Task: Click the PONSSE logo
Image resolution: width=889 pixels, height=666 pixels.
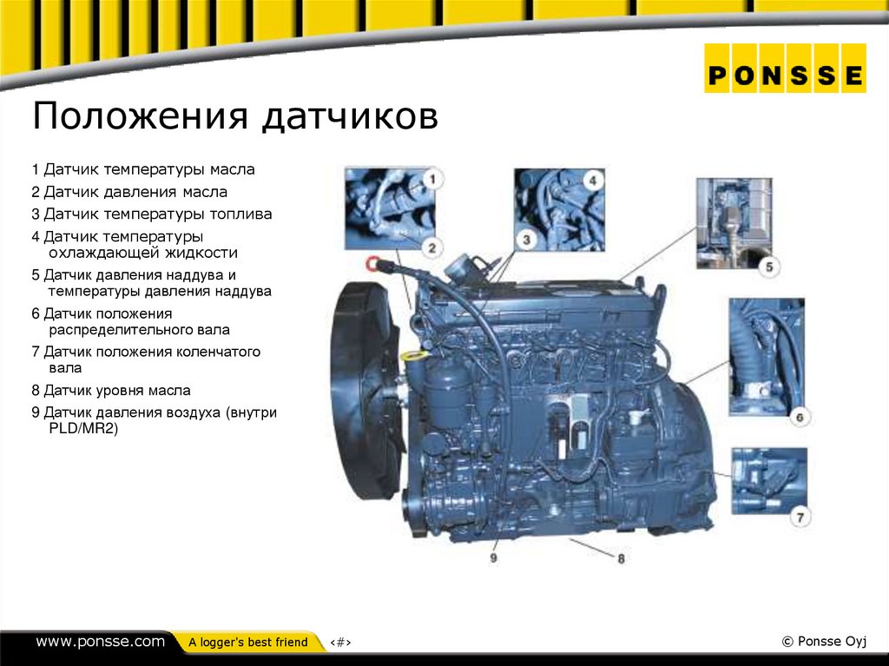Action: coord(785,76)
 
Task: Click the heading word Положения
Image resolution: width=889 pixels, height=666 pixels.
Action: coord(139,116)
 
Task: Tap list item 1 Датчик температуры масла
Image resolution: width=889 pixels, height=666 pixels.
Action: coord(143,169)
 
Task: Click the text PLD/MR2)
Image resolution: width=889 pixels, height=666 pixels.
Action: coord(82,429)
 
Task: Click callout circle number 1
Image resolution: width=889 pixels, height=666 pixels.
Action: coord(432,180)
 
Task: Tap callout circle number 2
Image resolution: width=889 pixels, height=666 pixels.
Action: coord(431,247)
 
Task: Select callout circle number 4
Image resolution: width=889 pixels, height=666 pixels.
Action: coord(591,180)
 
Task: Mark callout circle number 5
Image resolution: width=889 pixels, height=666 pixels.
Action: coord(769,267)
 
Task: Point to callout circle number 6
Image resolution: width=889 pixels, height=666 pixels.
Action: coord(800,417)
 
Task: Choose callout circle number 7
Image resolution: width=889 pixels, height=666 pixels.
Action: coord(800,518)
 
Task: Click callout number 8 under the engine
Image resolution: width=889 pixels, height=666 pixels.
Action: coord(622,559)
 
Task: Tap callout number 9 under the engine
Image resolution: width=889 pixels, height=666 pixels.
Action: coord(493,558)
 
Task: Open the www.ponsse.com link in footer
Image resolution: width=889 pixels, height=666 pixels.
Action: coord(100,642)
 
